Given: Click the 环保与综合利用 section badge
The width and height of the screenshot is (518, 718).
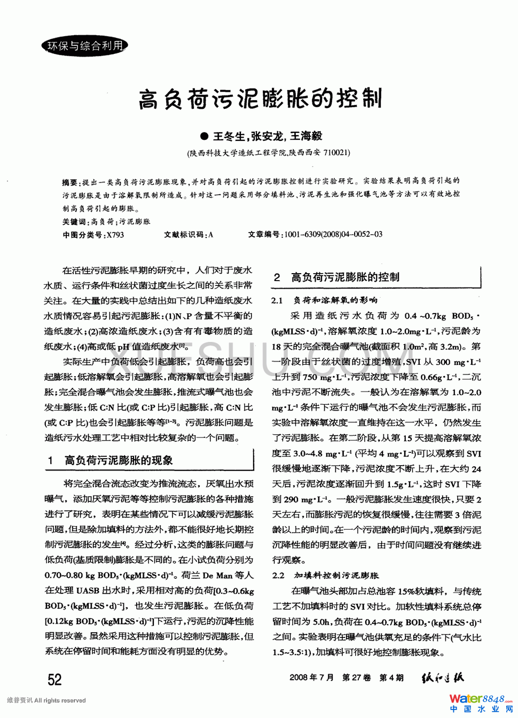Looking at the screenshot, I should (x=84, y=46).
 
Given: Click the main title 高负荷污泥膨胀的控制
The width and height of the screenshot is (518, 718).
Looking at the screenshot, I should (x=260, y=99).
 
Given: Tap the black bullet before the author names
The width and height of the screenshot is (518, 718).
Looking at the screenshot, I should (x=203, y=137).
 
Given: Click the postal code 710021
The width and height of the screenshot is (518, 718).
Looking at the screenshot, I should (x=336, y=153).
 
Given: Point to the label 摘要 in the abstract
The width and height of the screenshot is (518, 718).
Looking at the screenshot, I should (x=70, y=181).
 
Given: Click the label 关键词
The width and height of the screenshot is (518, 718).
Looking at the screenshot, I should (x=74, y=221).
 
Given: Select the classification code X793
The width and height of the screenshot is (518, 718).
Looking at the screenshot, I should (x=115, y=235).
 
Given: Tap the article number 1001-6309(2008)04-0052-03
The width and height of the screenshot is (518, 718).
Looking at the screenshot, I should (x=333, y=235).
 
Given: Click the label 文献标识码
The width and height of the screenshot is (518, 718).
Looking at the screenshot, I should (x=184, y=235).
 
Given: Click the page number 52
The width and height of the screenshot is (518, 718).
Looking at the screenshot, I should (x=54, y=680).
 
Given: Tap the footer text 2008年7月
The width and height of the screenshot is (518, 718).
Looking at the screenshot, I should (x=311, y=678).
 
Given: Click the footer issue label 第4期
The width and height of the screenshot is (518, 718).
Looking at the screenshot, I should (x=391, y=678).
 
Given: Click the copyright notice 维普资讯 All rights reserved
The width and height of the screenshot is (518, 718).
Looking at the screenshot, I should (x=46, y=700).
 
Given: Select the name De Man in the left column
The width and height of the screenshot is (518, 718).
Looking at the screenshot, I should (x=217, y=576).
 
